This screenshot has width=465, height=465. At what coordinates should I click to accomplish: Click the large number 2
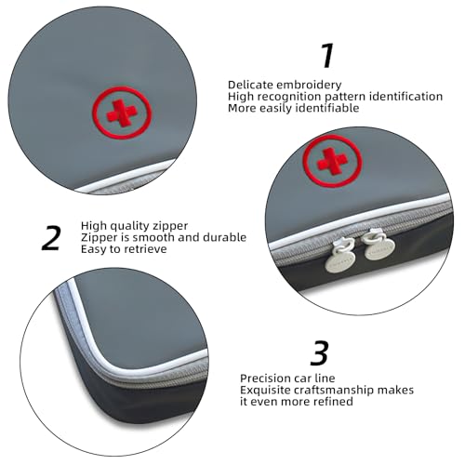pyautogui.click(x=52, y=236)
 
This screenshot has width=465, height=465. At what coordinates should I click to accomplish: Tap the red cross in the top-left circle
pyautogui.click(x=121, y=112)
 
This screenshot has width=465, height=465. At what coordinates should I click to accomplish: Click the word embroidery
pyautogui.click(x=302, y=85)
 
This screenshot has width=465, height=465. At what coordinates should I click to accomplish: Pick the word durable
pyautogui.click(x=224, y=237)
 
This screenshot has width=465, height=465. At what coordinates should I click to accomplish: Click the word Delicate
pyautogui.click(x=250, y=85)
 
